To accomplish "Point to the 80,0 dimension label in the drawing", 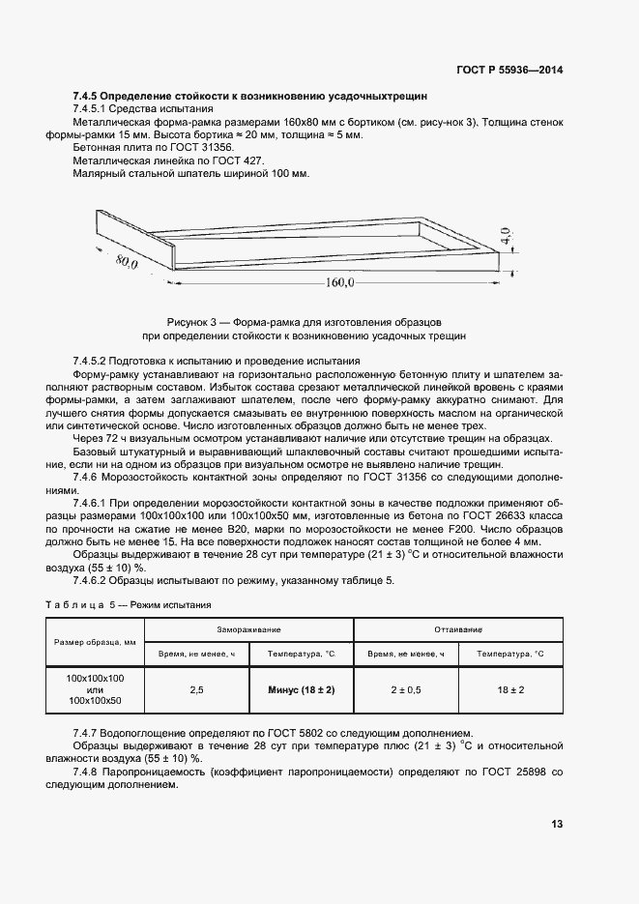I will [125, 261].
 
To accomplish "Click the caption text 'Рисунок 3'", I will [193, 321].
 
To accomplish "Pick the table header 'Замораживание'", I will [248, 628].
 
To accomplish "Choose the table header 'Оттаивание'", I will [458, 628].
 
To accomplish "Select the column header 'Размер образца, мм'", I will [95, 642].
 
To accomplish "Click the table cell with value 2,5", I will [197, 690].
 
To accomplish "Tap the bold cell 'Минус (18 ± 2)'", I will [302, 690].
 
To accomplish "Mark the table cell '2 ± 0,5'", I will [406, 690].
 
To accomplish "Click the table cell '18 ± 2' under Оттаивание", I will [511, 690].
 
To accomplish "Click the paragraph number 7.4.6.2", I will [95, 580].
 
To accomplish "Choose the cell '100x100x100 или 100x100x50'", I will [95, 690].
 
